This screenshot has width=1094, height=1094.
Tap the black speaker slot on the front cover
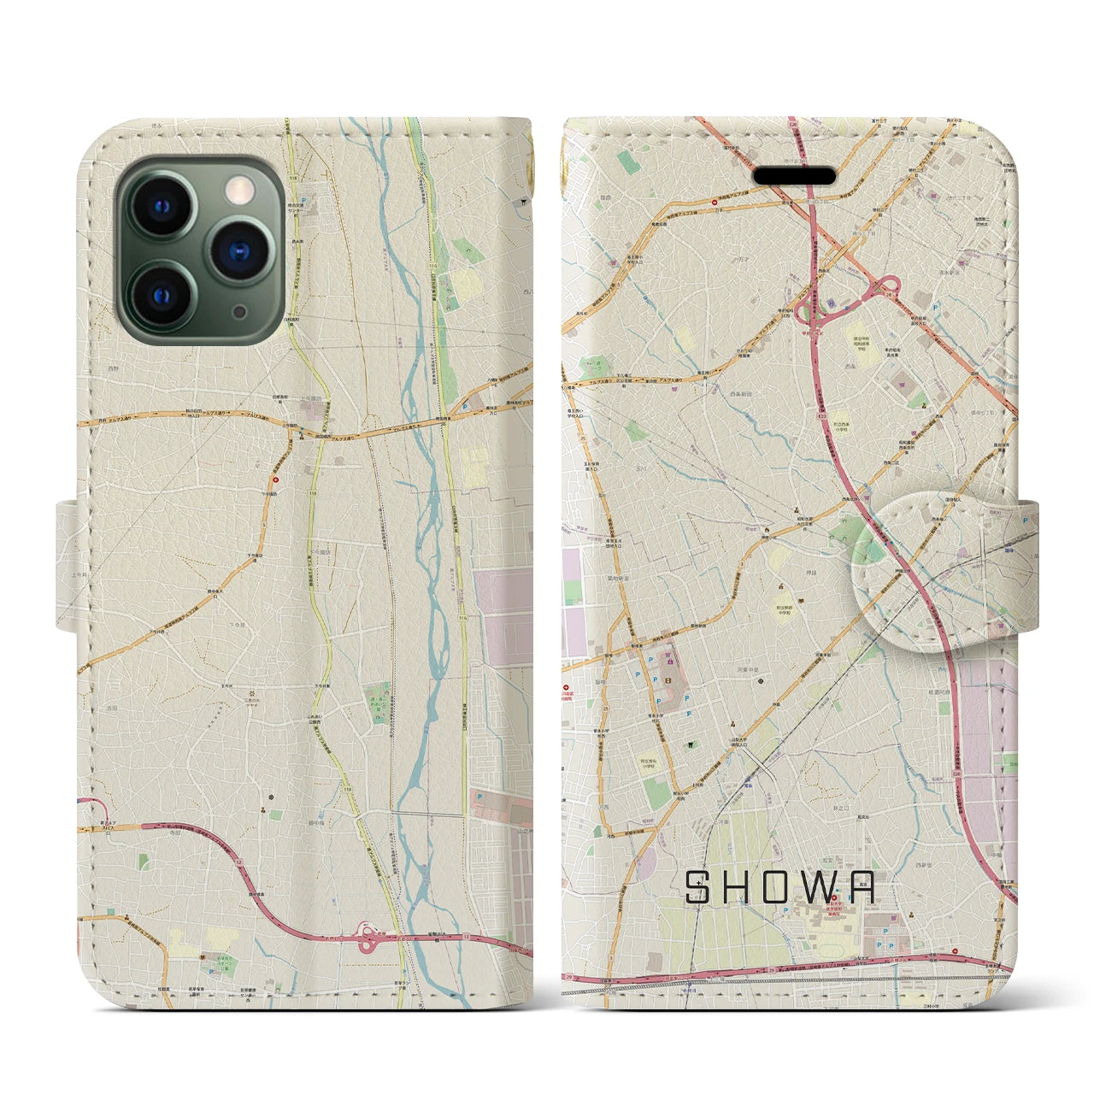pyautogui.click(x=795, y=175)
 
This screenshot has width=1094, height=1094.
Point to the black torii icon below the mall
pyautogui.click(x=688, y=744)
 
